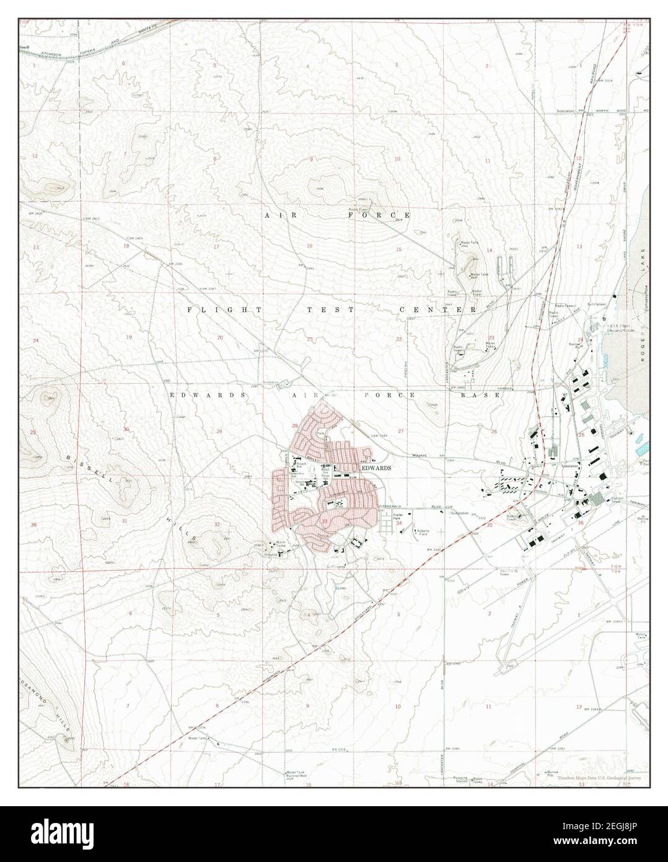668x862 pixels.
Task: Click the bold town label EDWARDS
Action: pos(376,468)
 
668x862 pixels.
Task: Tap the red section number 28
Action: pos(296,425)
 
